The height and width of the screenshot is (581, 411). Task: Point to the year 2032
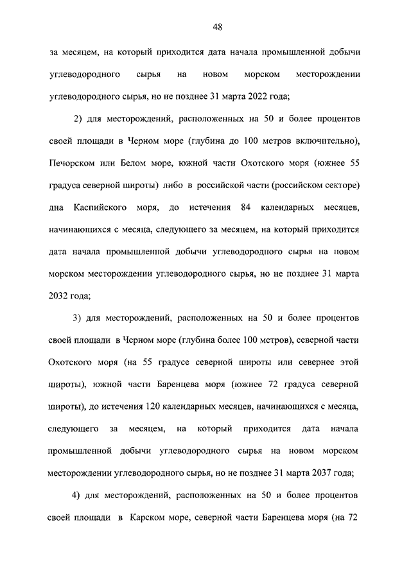point(59,295)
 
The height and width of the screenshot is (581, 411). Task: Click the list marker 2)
point(78,119)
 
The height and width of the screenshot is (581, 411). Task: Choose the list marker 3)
point(78,318)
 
